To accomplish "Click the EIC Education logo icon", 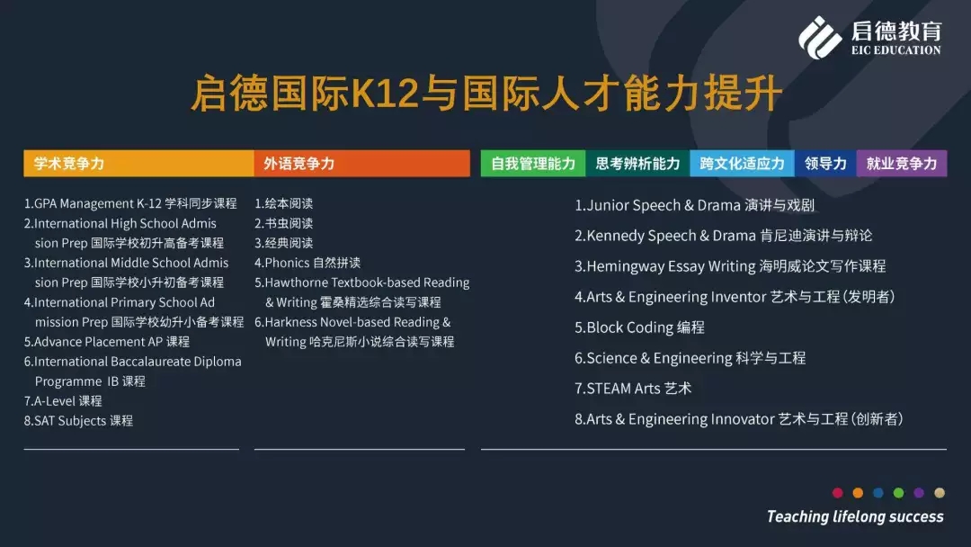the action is [x=820, y=38].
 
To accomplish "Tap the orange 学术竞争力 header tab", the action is [x=138, y=164].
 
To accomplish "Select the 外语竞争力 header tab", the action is [x=361, y=164].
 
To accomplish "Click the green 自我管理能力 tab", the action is [x=533, y=164].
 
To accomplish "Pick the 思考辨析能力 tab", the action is [x=637, y=164].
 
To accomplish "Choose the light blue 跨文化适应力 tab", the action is [x=743, y=164].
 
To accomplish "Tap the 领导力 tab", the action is [x=825, y=164].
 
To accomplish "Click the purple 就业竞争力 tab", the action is [x=902, y=164].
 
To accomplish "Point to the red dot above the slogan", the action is [x=838, y=493].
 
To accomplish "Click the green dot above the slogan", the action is [x=898, y=493].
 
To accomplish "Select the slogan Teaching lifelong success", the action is [x=855, y=516].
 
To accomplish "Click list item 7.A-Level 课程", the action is [x=63, y=400].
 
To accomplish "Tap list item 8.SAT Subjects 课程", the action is [x=78, y=421].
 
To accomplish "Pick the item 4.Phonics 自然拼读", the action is [x=307, y=263].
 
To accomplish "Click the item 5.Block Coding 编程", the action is [x=640, y=327].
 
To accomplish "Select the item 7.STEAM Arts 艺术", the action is [x=633, y=389].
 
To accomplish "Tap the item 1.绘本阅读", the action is [x=283, y=203].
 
